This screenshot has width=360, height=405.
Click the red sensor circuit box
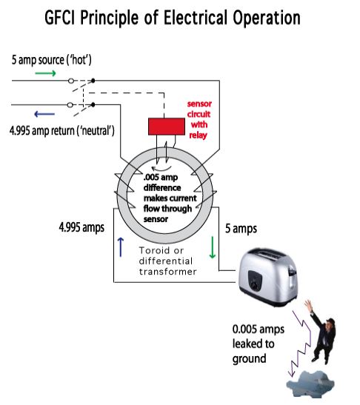coord(167,127)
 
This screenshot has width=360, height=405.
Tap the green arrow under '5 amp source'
coord(45,73)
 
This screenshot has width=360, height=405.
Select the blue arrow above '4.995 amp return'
coord(44,114)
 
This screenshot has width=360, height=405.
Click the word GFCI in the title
coord(60,18)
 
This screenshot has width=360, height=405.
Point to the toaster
coord(267,276)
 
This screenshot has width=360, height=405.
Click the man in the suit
coord(321,332)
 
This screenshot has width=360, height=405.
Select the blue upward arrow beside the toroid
coord(121,247)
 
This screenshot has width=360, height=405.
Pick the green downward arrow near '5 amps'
coord(212,247)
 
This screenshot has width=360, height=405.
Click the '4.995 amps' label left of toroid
coord(81,227)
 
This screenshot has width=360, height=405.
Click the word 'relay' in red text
coord(198,135)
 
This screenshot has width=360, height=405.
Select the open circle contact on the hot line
coord(71,81)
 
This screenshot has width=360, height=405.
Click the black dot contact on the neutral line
coord(93,104)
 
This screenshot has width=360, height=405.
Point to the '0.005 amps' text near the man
coord(259,329)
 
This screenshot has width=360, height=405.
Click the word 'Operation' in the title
coord(267,18)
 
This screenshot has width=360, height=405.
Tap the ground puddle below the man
coord(310,385)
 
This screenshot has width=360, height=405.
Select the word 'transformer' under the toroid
coord(167,272)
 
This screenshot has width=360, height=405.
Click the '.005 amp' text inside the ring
coord(161,178)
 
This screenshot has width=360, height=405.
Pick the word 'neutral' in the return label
coord(98,130)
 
